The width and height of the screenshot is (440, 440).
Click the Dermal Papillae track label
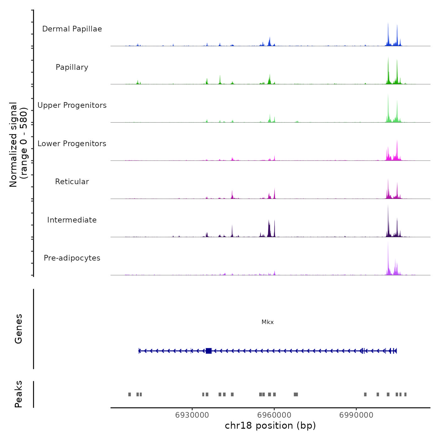pyautogui.click(x=72, y=29)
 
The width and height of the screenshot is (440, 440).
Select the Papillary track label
pyautogui.click(x=72, y=67)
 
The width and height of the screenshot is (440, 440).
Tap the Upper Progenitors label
pyautogui.click(x=72, y=105)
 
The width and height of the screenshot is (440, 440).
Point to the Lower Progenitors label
pyautogui.click(x=72, y=144)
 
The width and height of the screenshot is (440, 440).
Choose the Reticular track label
pyautogui.click(x=72, y=182)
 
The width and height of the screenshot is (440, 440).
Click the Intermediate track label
pyautogui.click(x=72, y=220)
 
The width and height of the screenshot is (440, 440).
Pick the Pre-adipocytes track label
pyautogui.click(x=72, y=258)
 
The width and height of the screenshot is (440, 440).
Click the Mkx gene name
pyautogui.click(x=267, y=322)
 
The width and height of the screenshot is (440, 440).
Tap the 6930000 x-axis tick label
pyautogui.click(x=192, y=415)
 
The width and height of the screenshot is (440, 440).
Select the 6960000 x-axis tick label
pyautogui.click(x=274, y=415)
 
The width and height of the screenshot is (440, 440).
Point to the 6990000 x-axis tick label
pyautogui.click(x=356, y=415)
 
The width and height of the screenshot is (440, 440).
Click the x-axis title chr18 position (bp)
pyautogui.click(x=270, y=426)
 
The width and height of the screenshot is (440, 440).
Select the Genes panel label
pyautogui.click(x=18, y=329)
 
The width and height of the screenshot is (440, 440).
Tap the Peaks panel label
pyautogui.click(x=18, y=394)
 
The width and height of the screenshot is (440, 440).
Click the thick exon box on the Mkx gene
pyautogui.click(x=208, y=351)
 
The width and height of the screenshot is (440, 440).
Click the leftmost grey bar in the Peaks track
pyautogui.click(x=129, y=394)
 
